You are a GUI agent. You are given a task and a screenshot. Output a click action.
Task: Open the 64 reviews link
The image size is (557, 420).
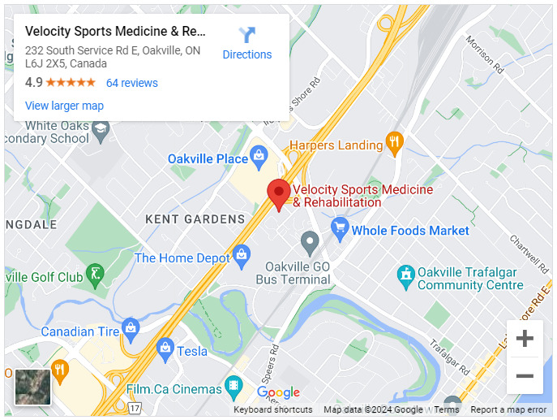point(132,83)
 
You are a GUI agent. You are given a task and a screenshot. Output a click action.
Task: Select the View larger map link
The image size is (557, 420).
point(64,106)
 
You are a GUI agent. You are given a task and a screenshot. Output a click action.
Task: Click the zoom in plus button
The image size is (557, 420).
point(525,339)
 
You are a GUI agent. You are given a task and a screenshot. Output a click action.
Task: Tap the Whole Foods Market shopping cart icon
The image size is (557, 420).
point(340,228)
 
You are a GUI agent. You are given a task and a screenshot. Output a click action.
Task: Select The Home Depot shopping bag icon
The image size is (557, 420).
point(241,257)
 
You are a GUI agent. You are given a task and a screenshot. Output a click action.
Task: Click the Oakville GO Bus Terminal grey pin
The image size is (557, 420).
point(310,242)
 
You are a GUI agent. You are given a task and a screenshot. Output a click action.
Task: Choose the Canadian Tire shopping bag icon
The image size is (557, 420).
point(131,329)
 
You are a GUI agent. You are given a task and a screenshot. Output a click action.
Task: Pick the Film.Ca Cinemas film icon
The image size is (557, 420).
point(234,387)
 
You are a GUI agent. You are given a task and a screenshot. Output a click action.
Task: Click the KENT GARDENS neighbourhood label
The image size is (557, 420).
point(195,219)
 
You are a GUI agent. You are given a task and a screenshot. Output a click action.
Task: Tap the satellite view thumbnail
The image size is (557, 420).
point(33,387)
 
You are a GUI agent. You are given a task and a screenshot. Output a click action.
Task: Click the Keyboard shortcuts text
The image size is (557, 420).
point(273,410)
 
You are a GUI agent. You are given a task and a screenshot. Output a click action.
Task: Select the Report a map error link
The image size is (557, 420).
point(508,410)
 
